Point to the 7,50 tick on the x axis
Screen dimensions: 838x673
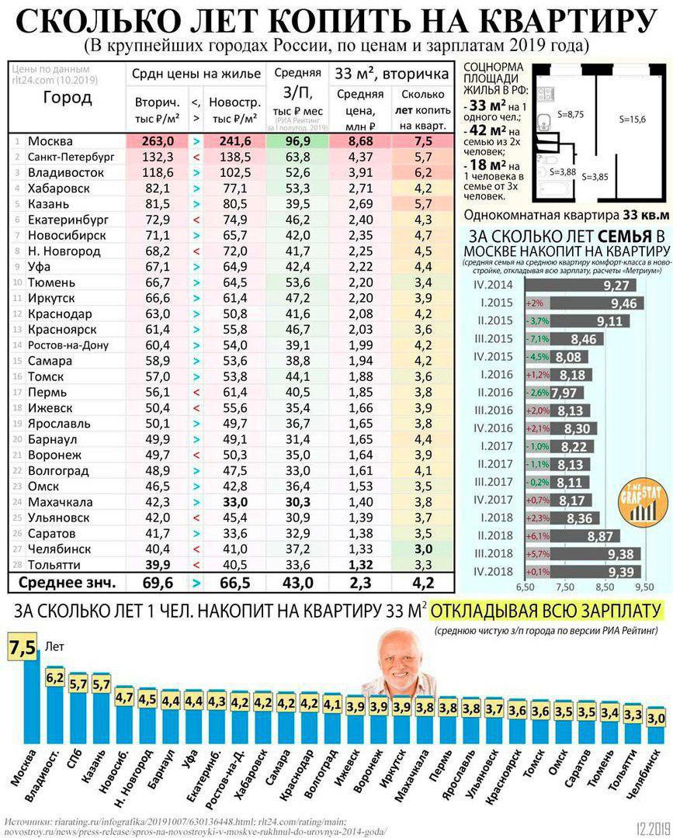[564, 587]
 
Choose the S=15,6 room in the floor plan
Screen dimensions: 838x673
[632, 119]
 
